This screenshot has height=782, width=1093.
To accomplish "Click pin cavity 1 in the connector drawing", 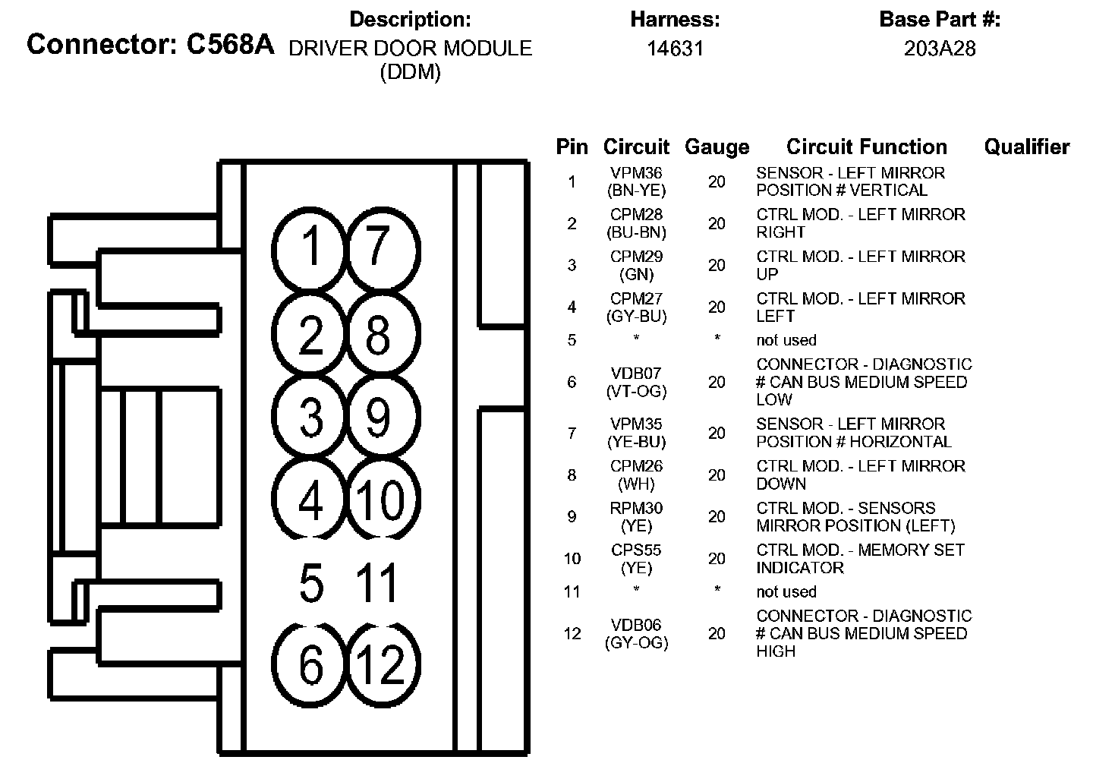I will click(310, 248).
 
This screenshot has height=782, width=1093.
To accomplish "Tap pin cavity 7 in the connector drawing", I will click(380, 248).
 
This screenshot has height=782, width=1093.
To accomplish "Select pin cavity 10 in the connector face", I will click(380, 499).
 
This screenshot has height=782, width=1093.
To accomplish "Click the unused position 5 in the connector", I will click(311, 583).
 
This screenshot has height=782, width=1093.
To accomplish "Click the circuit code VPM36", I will click(636, 173).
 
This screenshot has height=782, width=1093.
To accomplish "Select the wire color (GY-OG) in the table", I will click(636, 643).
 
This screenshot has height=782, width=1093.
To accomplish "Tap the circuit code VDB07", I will click(636, 374).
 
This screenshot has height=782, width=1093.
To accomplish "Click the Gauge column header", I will click(717, 147).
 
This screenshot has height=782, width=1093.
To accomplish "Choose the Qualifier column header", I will click(1026, 147).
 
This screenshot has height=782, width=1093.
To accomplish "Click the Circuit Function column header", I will click(866, 147).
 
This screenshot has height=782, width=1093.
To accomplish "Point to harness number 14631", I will click(675, 49).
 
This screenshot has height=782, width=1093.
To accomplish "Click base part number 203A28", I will click(940, 49).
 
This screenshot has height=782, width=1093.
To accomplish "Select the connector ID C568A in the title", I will click(229, 45).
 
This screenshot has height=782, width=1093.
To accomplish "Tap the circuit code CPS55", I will click(636, 550).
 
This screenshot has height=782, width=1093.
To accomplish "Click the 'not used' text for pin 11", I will click(786, 592).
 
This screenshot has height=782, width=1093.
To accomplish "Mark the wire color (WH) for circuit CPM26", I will click(636, 484).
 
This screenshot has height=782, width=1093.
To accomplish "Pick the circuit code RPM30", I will click(636, 508).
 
